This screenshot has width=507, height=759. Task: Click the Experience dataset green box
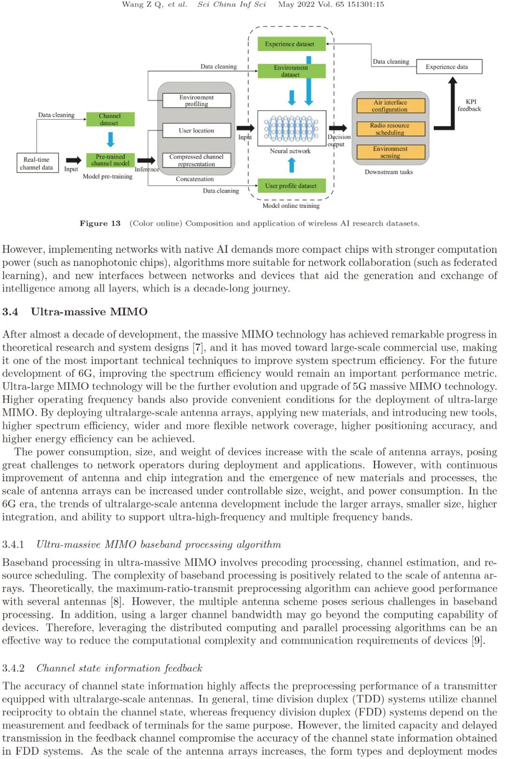pos(292,44)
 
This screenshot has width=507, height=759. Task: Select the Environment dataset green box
pos(292,71)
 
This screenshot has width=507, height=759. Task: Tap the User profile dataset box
pos(291,186)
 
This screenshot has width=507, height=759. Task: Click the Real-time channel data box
pos(37,164)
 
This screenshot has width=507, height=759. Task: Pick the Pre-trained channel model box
pos(110,160)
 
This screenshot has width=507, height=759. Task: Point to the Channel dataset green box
pos(110,120)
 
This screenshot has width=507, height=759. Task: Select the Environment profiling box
pos(196,100)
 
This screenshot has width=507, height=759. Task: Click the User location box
pos(196,130)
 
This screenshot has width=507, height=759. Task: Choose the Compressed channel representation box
pos(196,160)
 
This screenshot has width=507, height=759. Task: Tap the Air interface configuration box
pos(390,106)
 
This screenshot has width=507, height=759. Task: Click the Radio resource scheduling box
pos(390,129)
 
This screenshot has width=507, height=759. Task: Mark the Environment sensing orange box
pos(390,152)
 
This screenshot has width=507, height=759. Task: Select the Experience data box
pos(448,67)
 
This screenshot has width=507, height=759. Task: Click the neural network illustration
pos(291,128)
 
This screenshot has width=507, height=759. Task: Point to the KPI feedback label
pos(470,105)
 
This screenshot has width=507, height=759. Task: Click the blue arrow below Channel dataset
pos(111,139)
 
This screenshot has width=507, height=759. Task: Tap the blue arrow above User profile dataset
pos(292,165)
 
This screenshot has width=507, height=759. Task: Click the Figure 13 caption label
pos(100,223)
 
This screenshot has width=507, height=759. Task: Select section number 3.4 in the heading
pos(10,312)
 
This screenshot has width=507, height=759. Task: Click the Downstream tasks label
pos(389,172)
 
